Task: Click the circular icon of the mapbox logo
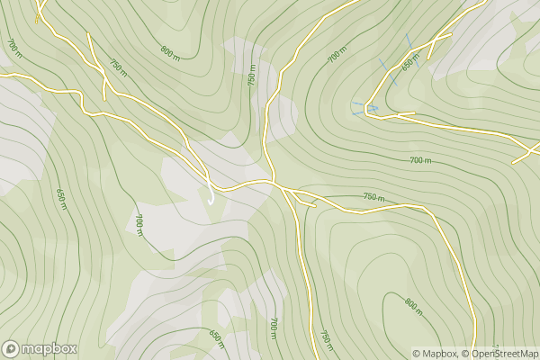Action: (x=11, y=348)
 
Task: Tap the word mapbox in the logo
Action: (x=49, y=348)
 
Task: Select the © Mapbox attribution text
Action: (x=436, y=354)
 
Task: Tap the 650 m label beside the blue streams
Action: (x=410, y=63)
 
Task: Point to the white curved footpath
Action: (x=209, y=191)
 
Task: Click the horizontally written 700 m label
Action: (x=420, y=160)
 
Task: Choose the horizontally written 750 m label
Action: (x=373, y=197)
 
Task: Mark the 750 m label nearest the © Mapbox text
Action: (x=326, y=340)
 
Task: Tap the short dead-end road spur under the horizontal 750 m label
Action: (x=307, y=203)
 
